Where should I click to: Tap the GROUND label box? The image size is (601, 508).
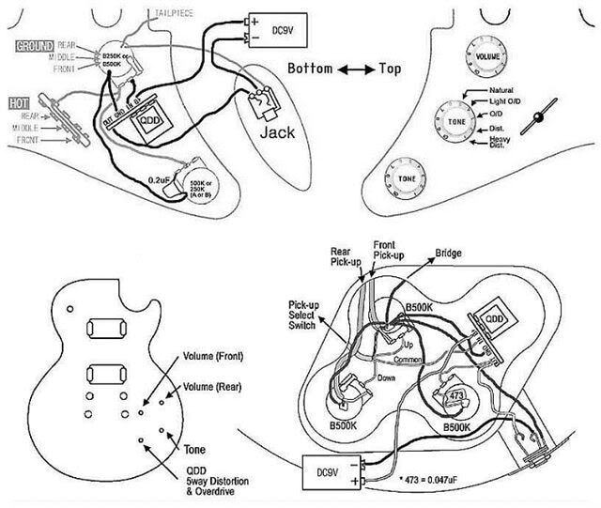29,44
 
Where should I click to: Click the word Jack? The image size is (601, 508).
277,132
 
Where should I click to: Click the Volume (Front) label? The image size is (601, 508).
215,357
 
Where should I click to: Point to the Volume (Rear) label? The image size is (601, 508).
214,386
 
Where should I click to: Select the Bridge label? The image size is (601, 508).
448,254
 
